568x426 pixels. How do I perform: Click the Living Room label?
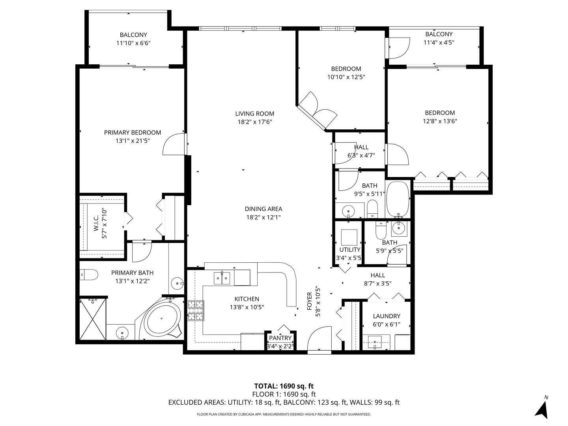(254, 114)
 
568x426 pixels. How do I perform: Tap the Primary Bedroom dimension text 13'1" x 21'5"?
(132, 140)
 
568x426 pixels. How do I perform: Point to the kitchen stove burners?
(196, 310)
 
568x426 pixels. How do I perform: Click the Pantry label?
(280, 338)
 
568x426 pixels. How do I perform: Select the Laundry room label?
(387, 316)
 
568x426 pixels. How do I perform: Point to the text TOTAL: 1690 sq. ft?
(284, 386)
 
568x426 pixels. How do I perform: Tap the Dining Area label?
(263, 209)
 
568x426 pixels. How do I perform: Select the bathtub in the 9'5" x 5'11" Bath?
(399, 199)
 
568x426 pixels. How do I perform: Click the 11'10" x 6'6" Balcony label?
(133, 35)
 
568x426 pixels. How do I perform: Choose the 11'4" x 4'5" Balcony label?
(439, 34)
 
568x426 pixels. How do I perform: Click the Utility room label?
(350, 250)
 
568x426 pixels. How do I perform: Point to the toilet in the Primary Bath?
(89, 275)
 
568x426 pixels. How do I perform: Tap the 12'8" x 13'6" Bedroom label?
(439, 113)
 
